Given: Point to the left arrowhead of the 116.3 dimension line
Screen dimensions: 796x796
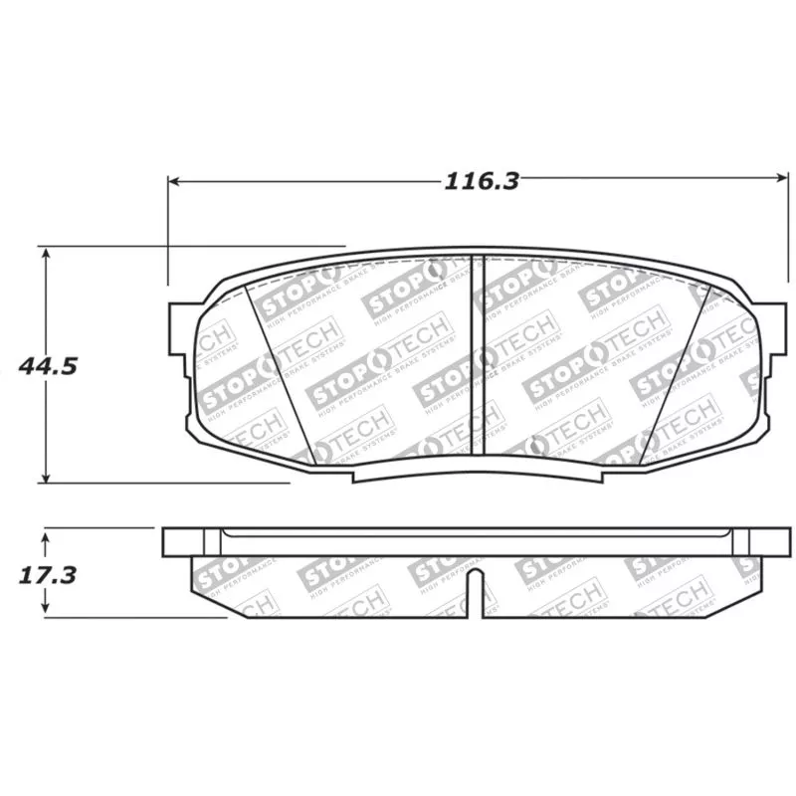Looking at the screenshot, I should click(x=173, y=181).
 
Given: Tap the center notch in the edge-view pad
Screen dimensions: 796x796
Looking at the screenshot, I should click(x=477, y=592).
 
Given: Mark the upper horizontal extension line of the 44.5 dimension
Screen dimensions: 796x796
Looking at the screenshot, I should click(x=199, y=244).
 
